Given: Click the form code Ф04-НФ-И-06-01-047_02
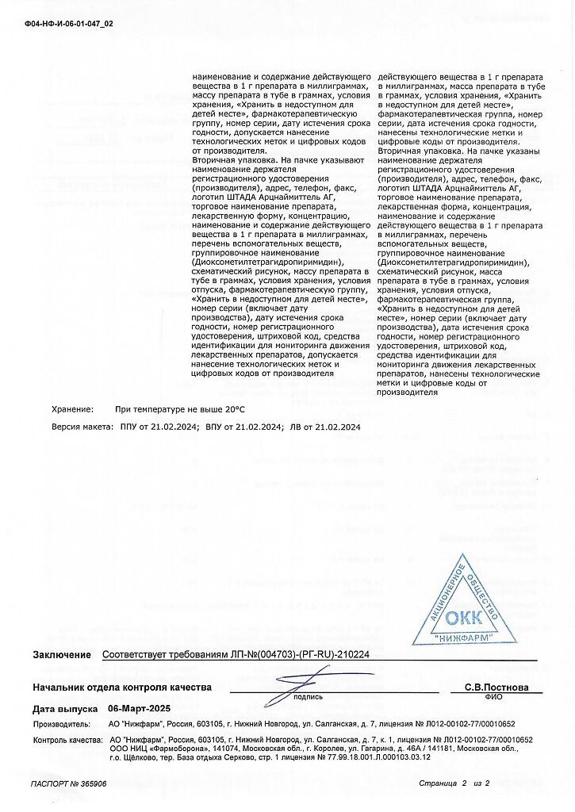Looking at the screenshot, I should (x=69, y=24).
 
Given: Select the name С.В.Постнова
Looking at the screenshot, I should (x=496, y=687).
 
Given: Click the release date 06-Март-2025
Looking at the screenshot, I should (x=139, y=709).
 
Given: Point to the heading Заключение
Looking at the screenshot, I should (x=62, y=655).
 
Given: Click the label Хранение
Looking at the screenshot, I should (x=72, y=409).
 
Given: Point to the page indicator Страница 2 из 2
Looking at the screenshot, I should (x=454, y=783).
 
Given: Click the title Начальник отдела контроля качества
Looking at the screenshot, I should (x=122, y=687).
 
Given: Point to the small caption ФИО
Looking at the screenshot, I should (x=493, y=697).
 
